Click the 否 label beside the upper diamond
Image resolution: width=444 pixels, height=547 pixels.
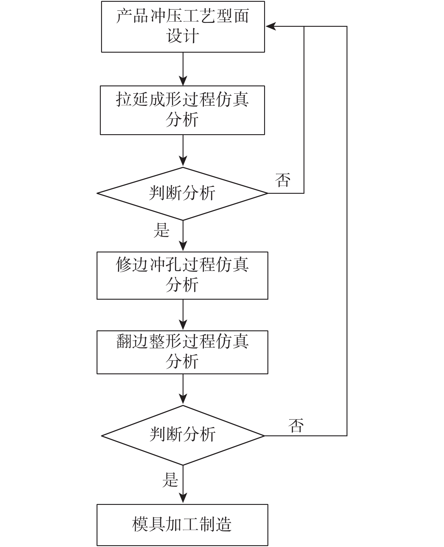283,180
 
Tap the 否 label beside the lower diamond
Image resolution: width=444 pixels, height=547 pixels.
296,425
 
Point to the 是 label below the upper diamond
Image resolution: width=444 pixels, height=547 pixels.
162,230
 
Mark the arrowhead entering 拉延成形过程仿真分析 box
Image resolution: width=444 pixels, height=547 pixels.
183,81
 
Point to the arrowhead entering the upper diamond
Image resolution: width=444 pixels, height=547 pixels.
183,162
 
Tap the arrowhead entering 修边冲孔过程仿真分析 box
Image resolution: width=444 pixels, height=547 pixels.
183,247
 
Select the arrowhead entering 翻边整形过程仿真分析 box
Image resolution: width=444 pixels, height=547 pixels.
183,326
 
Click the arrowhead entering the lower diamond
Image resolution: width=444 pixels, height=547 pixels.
183,400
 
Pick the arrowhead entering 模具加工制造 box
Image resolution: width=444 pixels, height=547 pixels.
183,499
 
